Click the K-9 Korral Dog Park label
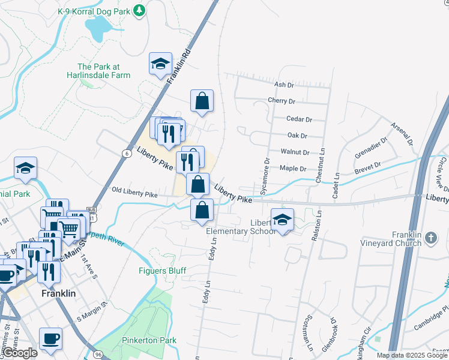point(94,11)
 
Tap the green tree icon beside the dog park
point(139,10)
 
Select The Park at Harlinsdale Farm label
point(104,71)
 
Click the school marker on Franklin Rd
point(160,65)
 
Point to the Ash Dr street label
point(283,86)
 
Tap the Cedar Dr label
point(300,119)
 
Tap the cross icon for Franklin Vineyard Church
point(430,239)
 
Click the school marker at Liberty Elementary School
point(282,220)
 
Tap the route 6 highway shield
point(127,154)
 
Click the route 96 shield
point(97,355)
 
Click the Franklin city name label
point(58,293)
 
